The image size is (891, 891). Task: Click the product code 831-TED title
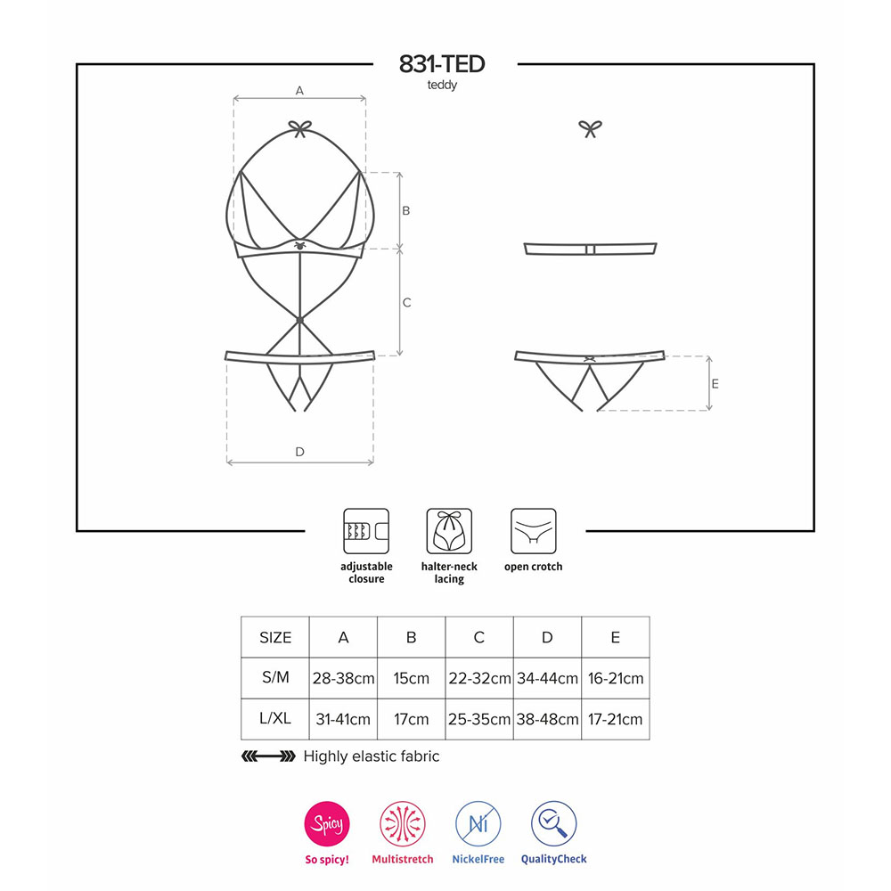(x=442, y=64)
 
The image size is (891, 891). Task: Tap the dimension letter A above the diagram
(x=299, y=90)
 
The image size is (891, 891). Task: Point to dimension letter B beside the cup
(x=405, y=211)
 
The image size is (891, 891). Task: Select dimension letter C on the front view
(x=407, y=303)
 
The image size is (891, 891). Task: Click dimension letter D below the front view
(x=299, y=452)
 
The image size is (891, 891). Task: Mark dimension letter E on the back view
(x=715, y=384)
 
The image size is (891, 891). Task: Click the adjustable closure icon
(x=366, y=531)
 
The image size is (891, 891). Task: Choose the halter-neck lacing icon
(x=449, y=531)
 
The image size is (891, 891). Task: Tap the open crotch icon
(x=533, y=531)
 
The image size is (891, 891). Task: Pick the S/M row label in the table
(x=275, y=677)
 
